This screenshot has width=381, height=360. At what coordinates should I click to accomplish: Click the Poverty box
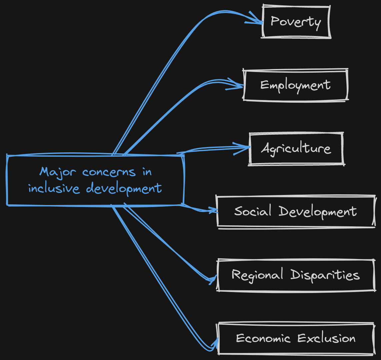(x=296, y=22)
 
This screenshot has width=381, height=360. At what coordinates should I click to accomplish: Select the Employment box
(x=296, y=85)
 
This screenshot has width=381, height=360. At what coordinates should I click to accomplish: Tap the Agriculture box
(x=296, y=148)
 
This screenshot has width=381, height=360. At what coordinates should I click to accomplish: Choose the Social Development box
(x=296, y=211)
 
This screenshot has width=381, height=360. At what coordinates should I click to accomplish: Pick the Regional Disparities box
(x=296, y=275)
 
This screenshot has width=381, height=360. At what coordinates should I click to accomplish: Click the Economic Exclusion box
(x=296, y=338)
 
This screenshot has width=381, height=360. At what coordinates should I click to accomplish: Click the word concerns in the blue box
(x=109, y=172)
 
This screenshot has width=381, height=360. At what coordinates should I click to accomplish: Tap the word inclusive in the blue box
(x=54, y=188)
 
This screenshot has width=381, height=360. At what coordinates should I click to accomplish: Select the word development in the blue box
(x=124, y=189)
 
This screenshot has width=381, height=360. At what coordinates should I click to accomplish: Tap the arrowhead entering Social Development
(x=213, y=211)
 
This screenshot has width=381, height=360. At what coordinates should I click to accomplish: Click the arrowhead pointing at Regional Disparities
(x=214, y=278)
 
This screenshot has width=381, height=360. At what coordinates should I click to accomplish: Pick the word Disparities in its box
(x=325, y=275)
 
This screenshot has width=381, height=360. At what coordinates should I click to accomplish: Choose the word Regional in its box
(x=257, y=275)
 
